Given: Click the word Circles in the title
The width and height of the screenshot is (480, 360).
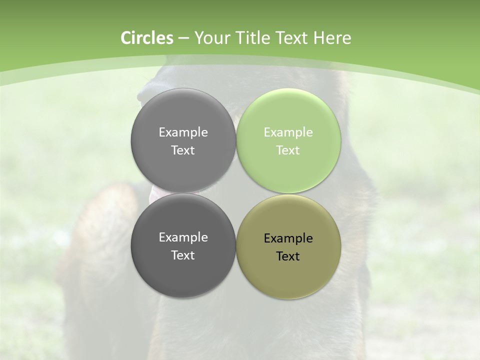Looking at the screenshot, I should (x=146, y=38).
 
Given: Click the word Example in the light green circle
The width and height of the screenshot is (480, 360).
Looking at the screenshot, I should (x=288, y=132).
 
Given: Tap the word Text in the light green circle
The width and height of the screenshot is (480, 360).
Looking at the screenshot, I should (x=288, y=150).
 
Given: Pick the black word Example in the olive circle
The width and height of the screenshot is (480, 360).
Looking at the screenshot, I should (x=288, y=238).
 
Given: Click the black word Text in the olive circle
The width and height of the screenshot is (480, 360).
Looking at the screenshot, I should (x=288, y=256).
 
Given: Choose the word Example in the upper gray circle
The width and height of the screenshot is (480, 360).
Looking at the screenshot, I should (x=183, y=132).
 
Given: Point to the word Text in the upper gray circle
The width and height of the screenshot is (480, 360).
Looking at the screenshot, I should (x=183, y=150).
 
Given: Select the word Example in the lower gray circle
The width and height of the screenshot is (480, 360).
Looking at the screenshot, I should (x=183, y=237).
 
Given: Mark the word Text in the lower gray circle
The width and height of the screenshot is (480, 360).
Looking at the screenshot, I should (x=183, y=255).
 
